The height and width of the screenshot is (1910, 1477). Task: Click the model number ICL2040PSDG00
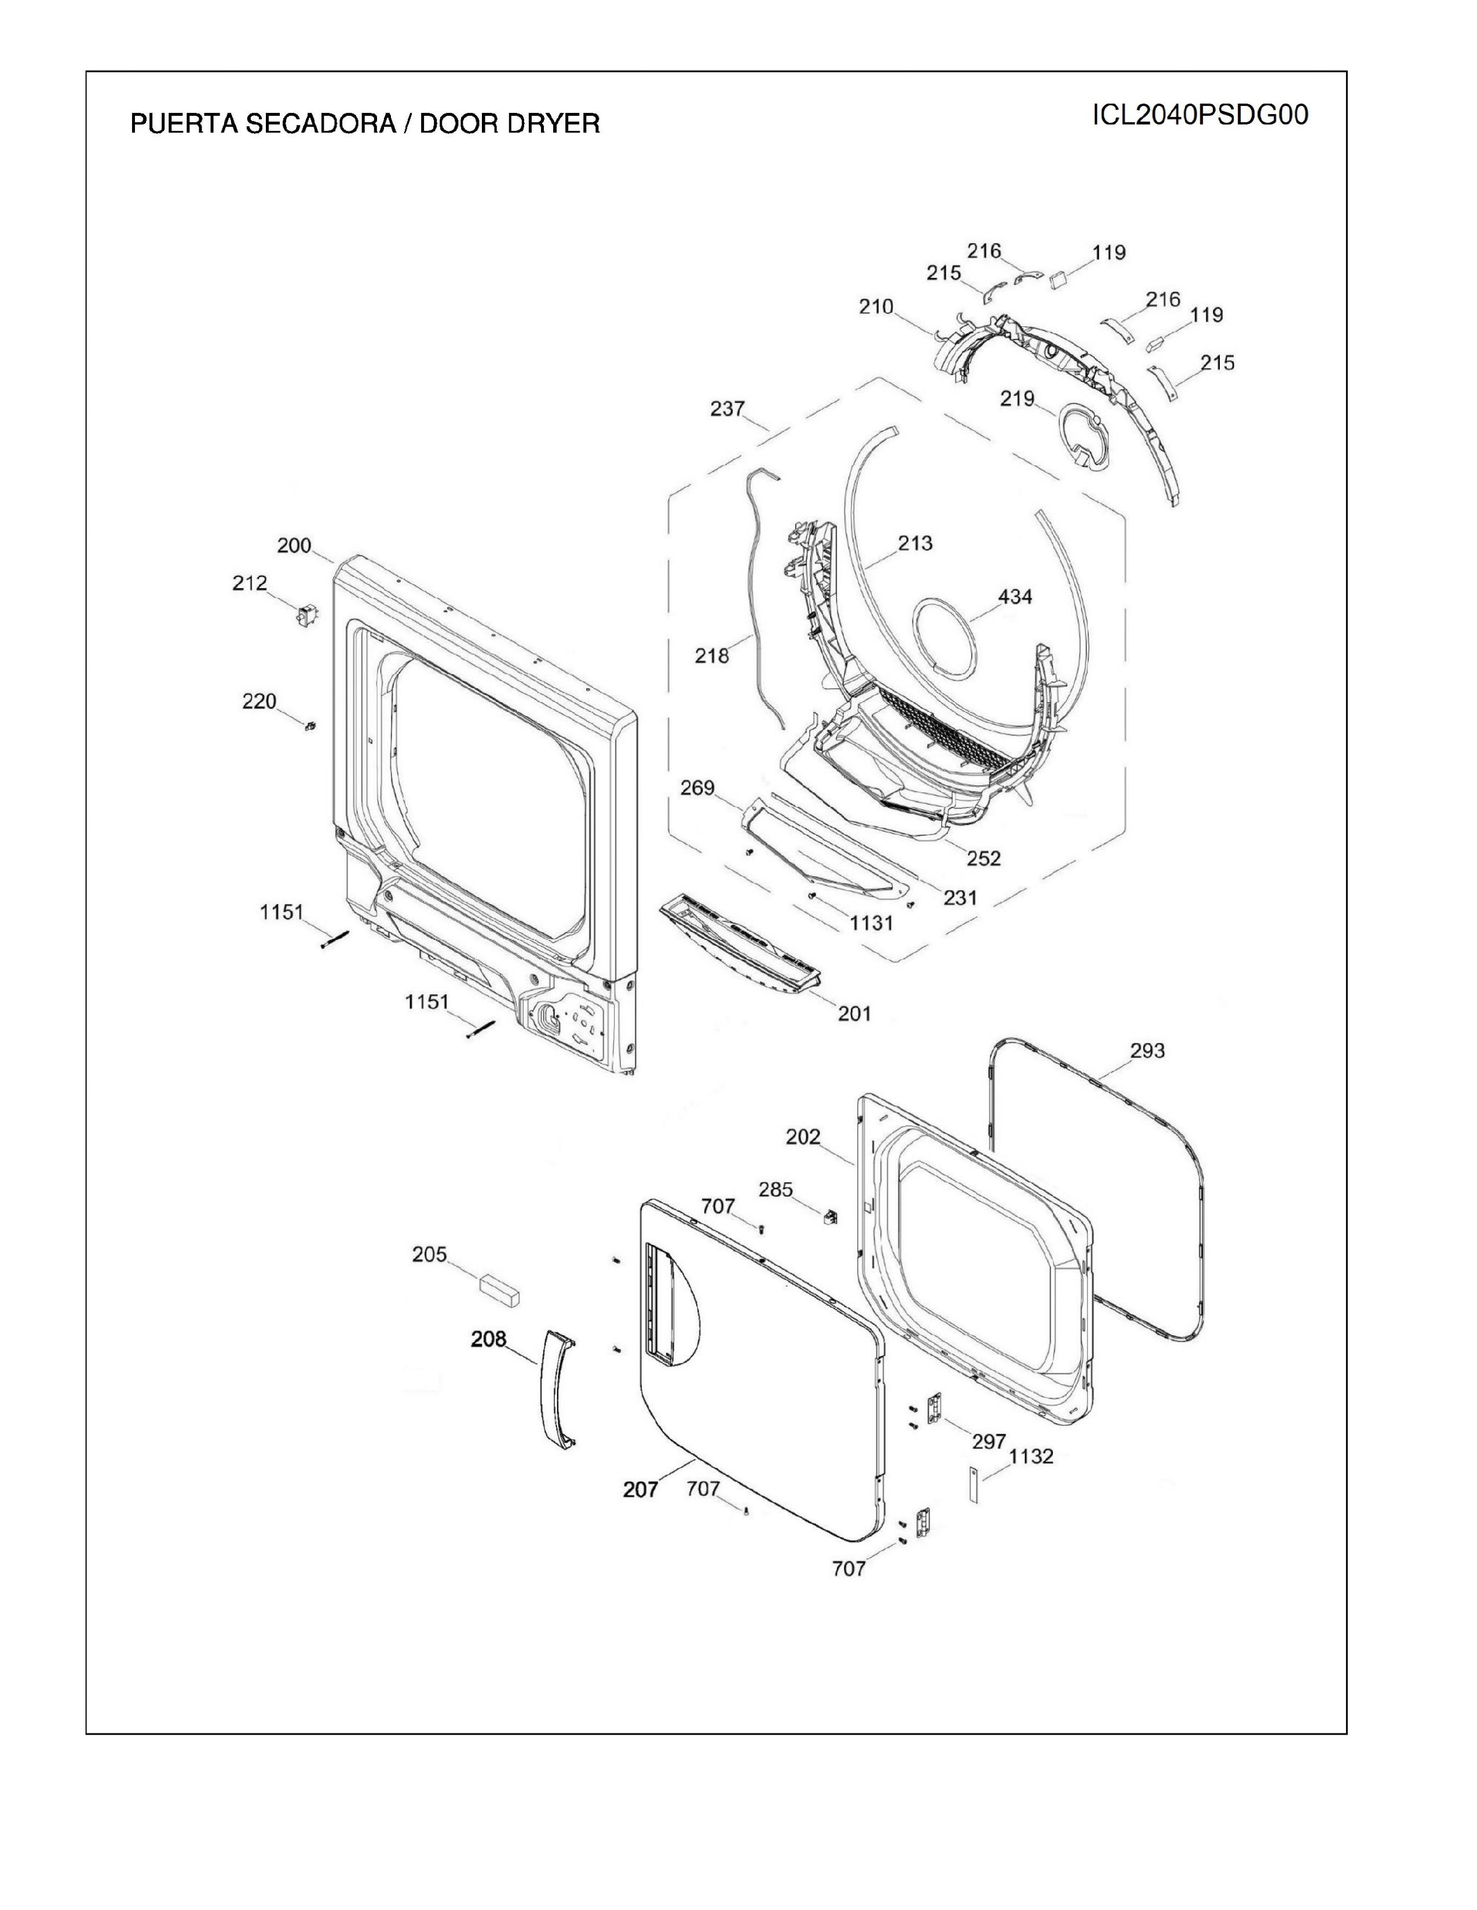(1200, 115)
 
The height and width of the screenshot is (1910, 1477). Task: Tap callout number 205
(430, 1255)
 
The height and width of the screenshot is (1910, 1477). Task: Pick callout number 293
(1146, 1050)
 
